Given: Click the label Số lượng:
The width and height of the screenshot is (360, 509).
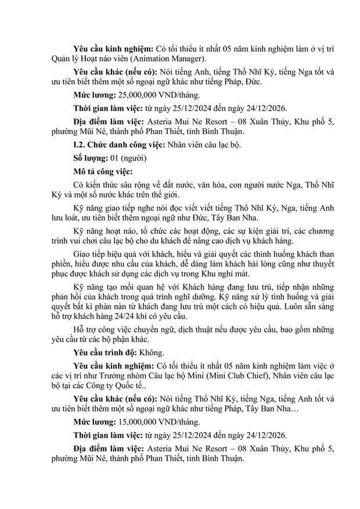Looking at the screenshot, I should click(x=89, y=158).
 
